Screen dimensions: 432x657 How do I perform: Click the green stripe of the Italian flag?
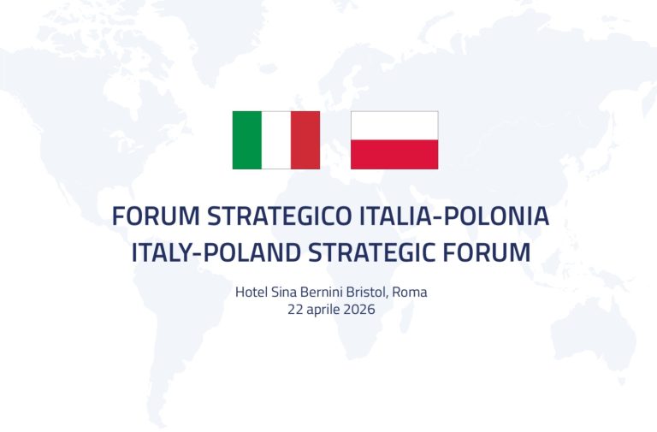(x=246, y=139)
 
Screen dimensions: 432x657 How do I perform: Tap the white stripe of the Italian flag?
(x=275, y=139)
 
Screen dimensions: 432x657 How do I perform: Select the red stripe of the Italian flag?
(x=305, y=139)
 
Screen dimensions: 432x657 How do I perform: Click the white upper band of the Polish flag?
(x=394, y=125)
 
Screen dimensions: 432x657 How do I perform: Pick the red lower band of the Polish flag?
(x=394, y=154)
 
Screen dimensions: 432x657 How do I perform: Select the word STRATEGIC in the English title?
(x=378, y=253)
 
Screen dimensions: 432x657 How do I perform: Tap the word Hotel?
(x=251, y=292)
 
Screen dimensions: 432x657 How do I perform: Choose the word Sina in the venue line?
(x=285, y=292)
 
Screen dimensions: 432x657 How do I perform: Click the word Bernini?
(x=326, y=292)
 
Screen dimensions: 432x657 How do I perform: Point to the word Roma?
(x=410, y=292)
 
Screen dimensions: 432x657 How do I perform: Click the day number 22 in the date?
(x=297, y=310)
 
